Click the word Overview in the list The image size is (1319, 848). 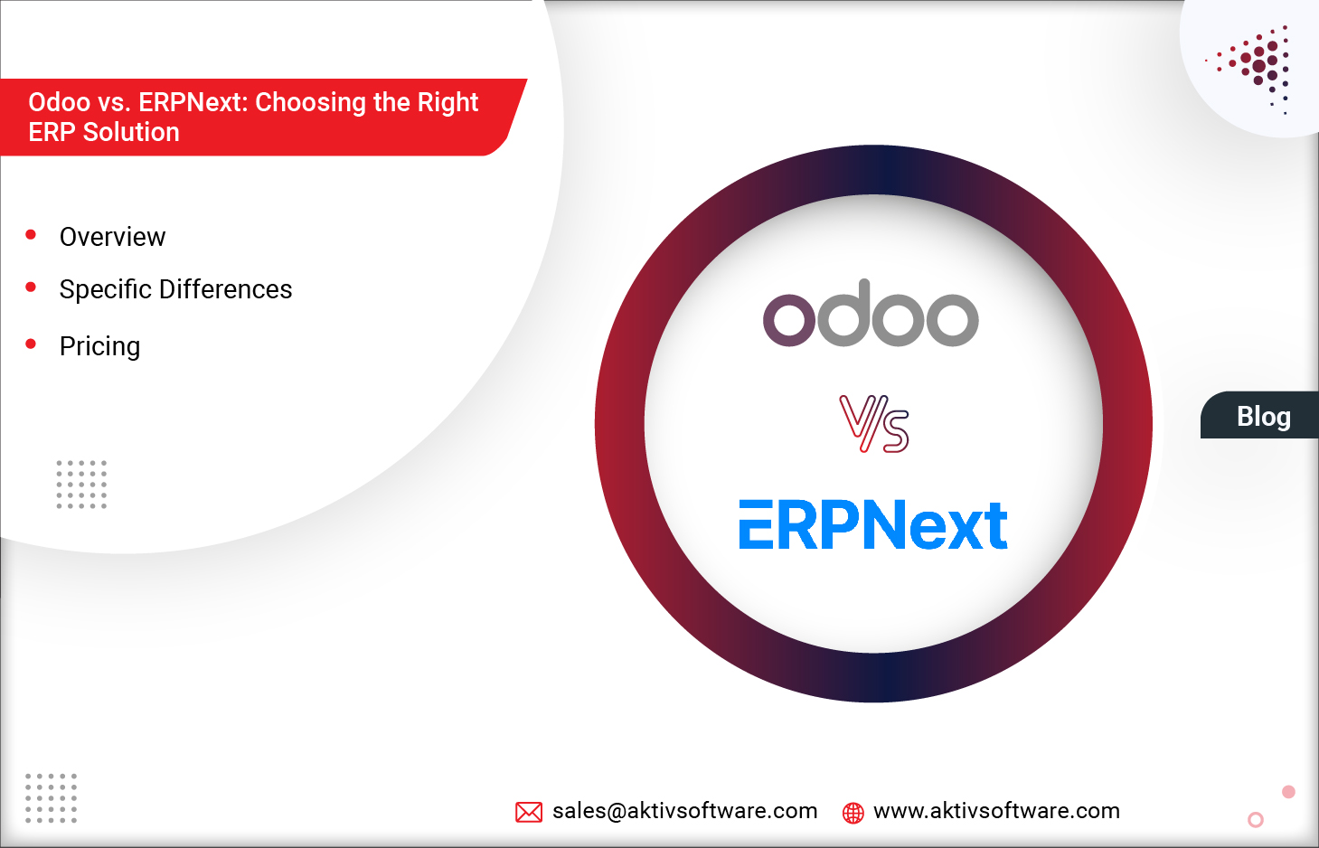pos(112,237)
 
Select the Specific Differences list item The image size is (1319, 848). pos(175,289)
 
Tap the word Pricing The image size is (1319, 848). pos(99,346)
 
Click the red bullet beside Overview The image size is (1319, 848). pos(31,235)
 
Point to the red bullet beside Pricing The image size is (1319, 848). pos(31,344)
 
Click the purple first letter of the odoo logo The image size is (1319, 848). pos(789,319)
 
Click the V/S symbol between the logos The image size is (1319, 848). pos(873,423)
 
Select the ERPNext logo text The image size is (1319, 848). pos(873,525)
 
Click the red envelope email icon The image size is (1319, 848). pos(528,812)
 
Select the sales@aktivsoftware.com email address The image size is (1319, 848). pos(684,811)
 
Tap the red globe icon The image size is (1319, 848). pos(853,813)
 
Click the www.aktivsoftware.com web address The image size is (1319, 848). pos(996,811)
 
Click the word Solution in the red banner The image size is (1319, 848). pos(131,132)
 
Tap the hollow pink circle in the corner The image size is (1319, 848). pos(1255,820)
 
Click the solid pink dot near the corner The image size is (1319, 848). pos(1288,792)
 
